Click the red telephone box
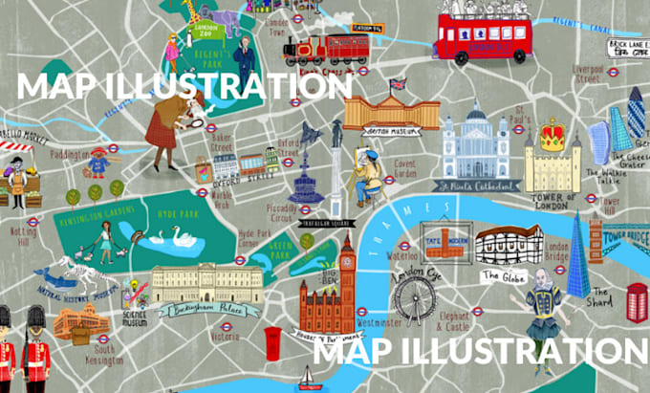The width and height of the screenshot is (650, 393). point(637,305)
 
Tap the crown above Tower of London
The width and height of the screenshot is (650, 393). point(551,134)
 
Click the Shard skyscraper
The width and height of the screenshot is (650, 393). point(578,253)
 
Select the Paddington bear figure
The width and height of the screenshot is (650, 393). point(97,164)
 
